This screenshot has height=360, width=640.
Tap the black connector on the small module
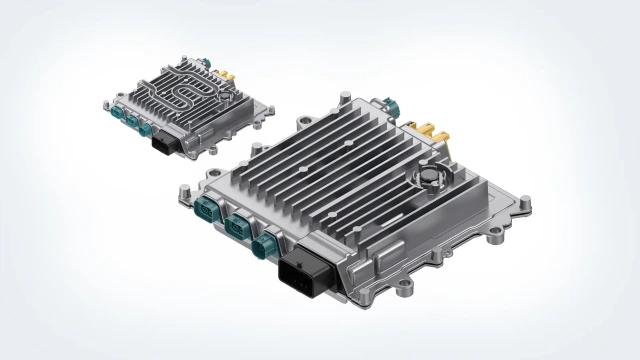pos(165,143)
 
